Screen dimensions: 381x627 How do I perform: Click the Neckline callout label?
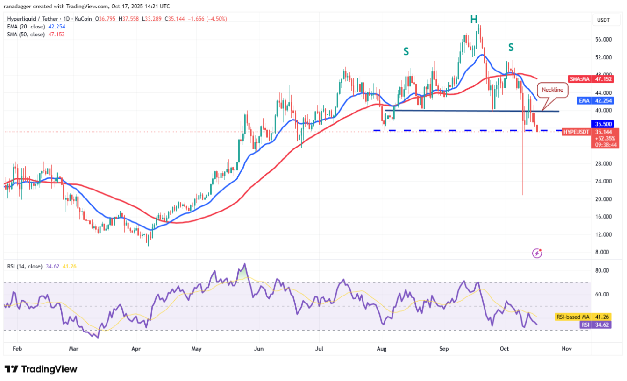click(x=553, y=90)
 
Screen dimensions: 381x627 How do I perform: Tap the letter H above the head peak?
click(x=474, y=19)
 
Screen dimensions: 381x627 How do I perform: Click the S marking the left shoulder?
click(x=406, y=51)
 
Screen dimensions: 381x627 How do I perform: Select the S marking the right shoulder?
click(x=511, y=47)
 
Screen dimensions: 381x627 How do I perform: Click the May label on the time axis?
click(x=197, y=348)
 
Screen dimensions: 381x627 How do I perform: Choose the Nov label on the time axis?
click(x=567, y=348)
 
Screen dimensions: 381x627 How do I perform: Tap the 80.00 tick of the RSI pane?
click(x=603, y=270)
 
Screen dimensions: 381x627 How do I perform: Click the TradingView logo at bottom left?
click(x=41, y=369)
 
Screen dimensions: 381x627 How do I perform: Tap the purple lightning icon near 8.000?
click(x=537, y=253)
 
